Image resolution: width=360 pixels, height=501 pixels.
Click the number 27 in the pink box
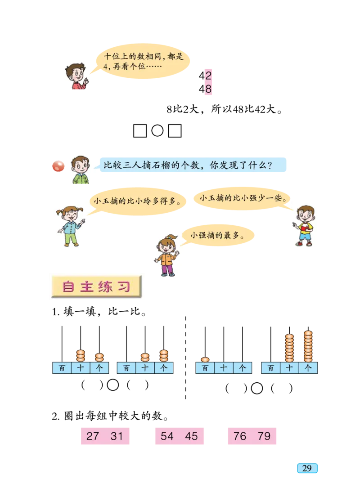click(x=93, y=436)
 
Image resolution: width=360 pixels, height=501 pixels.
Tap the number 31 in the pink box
click(x=117, y=436)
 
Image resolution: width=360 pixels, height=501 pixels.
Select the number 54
click(x=167, y=436)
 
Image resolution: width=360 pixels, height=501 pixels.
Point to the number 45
click(x=191, y=436)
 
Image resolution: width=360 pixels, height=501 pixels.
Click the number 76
click(x=240, y=436)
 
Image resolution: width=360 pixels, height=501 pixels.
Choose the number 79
click(x=264, y=436)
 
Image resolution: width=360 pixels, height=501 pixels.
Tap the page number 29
click(x=307, y=468)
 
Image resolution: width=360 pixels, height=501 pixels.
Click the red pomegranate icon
click(x=58, y=166)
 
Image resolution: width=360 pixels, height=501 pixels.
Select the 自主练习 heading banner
click(x=97, y=286)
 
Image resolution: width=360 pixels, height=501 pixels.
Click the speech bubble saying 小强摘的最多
click(x=217, y=235)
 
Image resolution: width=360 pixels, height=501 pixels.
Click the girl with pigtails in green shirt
click(x=70, y=226)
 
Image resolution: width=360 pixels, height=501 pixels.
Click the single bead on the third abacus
click(x=205, y=359)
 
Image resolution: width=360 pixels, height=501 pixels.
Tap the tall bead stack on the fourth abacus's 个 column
click(x=308, y=346)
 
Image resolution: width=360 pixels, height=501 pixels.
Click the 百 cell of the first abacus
click(x=62, y=368)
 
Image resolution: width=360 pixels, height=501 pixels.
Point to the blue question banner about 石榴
click(x=191, y=165)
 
